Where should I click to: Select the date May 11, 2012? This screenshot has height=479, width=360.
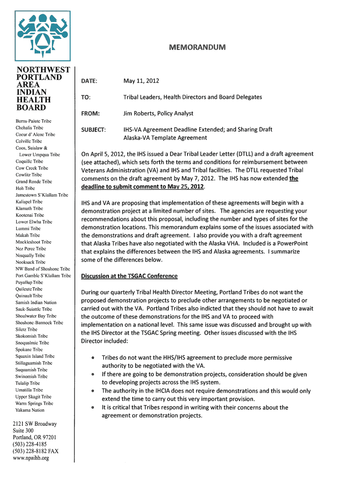point(141,81)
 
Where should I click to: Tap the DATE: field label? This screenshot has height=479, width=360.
point(89,81)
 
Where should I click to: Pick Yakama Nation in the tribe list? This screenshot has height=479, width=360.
point(30,410)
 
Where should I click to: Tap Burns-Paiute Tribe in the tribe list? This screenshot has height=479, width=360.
point(33,121)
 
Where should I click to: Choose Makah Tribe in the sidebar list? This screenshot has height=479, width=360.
point(28,235)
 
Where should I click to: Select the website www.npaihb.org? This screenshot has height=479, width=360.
point(31,458)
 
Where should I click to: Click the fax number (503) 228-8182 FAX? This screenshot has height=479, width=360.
point(36,451)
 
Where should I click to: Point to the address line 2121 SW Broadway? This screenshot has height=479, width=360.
point(35,424)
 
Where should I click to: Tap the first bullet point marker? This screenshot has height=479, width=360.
point(94,358)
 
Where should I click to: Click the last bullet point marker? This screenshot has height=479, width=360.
point(94,408)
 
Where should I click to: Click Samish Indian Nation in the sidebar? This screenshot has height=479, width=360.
point(36,303)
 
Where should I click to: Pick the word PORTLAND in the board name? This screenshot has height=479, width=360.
point(39,77)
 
